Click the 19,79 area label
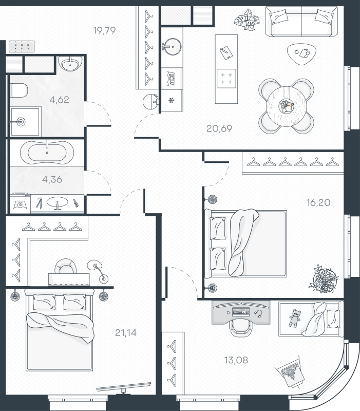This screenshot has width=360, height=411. (104, 30)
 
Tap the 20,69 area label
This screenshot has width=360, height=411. (219, 128)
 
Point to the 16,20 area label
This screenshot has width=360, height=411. (318, 202)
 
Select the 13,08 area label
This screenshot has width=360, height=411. (236, 360)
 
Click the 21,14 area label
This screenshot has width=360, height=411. (126, 332)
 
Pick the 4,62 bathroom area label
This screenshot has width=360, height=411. (59, 100)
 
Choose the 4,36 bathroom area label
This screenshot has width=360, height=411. (52, 179)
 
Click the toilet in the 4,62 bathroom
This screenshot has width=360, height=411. (18, 90)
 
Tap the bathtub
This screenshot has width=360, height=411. (47, 152)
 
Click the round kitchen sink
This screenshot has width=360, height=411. (172, 47)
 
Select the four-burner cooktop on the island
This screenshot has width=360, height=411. (226, 79)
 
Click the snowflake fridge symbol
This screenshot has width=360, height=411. (172, 100)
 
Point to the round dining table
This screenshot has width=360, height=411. (286, 107)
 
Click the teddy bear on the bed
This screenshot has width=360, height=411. (294, 318)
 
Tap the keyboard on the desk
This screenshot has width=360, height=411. (241, 312)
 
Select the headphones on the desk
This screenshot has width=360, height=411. (258, 313)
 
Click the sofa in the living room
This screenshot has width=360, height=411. (301, 22)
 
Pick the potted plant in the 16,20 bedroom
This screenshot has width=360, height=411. (324, 278)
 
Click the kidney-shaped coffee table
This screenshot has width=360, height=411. (301, 53)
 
